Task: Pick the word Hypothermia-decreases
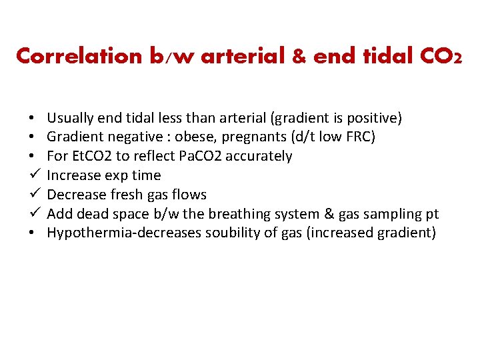click(x=111, y=233)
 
